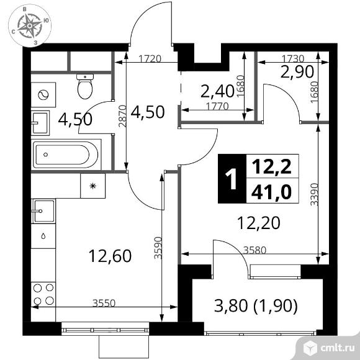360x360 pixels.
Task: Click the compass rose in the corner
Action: pyautogui.click(x=30, y=25)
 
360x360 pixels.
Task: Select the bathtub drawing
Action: pyautogui.click(x=66, y=155)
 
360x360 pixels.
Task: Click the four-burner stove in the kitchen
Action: pyautogui.click(x=43, y=294)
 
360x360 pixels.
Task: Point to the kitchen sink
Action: pyautogui.click(x=44, y=211)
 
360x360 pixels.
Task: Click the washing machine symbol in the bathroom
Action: pyautogui.click(x=43, y=94)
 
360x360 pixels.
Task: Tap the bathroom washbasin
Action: pyautogui.click(x=40, y=123)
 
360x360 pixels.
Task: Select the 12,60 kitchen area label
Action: pyautogui.click(x=110, y=256)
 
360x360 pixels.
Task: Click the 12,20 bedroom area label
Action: pyautogui.click(x=259, y=223)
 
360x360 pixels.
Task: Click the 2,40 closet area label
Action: pyautogui.click(x=217, y=91)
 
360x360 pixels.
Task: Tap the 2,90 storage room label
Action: pyautogui.click(x=297, y=71)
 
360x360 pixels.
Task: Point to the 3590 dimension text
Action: pyautogui.click(x=158, y=248)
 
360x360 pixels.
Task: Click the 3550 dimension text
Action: pyautogui.click(x=104, y=303)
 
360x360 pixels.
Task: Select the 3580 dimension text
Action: pyautogui.click(x=255, y=250)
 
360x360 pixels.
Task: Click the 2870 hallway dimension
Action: pyautogui.click(x=123, y=116)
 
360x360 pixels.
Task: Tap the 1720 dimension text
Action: pyautogui.click(x=150, y=59)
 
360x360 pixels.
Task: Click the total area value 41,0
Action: pyautogui.click(x=272, y=192)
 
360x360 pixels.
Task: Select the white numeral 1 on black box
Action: pyautogui.click(x=232, y=179)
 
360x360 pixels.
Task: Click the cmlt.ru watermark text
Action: pyautogui.click(x=338, y=348)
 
